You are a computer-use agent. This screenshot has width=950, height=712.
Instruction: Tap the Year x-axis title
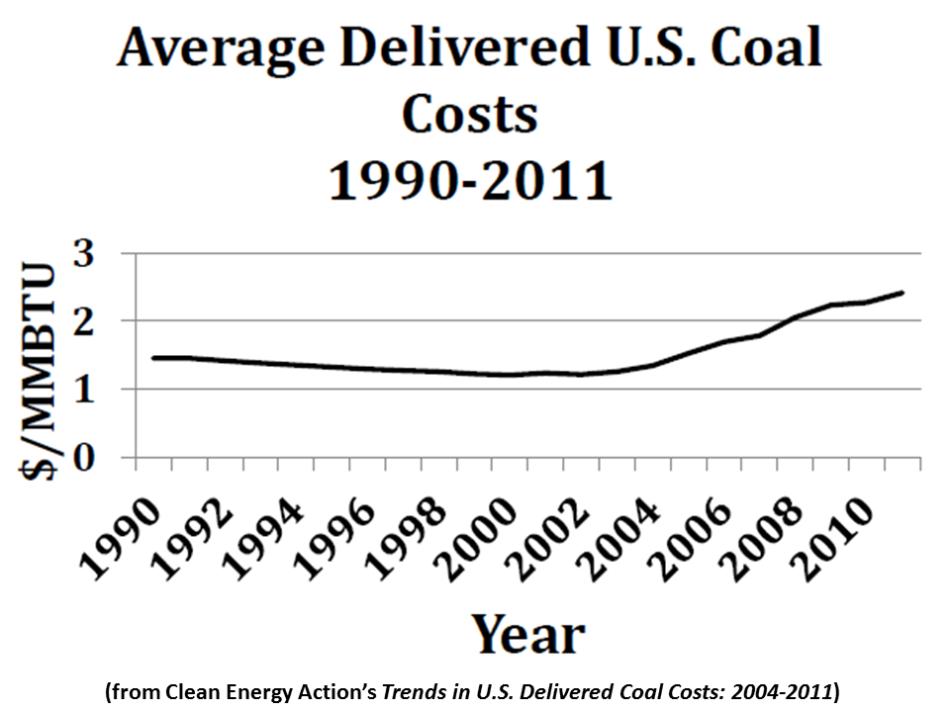[x=526, y=634]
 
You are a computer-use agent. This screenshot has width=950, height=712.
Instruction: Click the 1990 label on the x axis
[x=121, y=535]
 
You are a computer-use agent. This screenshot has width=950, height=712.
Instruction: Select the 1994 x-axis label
[x=261, y=535]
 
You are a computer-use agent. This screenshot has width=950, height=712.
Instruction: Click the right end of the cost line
[x=902, y=293]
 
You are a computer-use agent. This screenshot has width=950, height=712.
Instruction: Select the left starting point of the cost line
[x=152, y=358]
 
